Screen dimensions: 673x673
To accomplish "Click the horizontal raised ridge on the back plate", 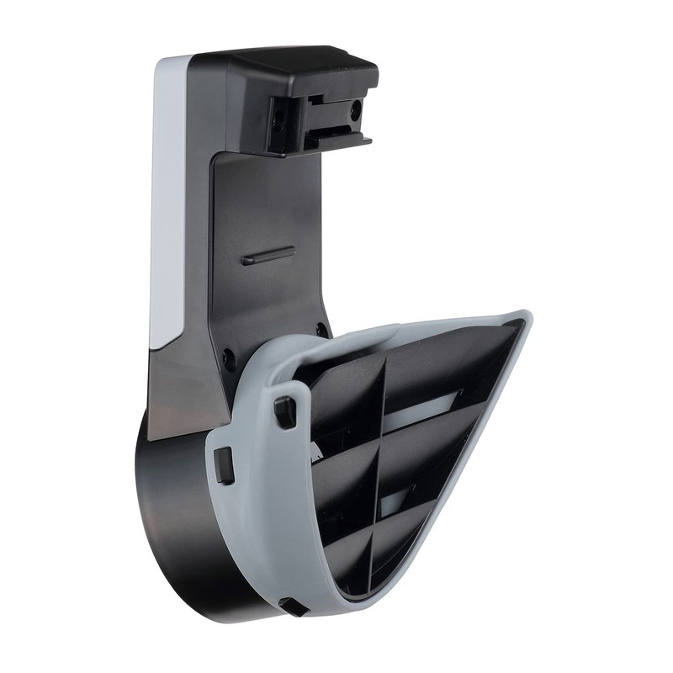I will click(x=268, y=256).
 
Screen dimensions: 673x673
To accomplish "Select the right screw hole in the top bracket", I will click(x=355, y=109).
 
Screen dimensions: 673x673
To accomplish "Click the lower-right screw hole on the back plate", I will click(x=321, y=329).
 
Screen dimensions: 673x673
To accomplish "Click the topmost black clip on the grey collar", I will click(x=285, y=410).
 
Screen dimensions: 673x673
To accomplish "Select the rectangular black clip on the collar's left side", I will click(x=224, y=465).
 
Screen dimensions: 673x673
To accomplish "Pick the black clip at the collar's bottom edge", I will click(x=293, y=606).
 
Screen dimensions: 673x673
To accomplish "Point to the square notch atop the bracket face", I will click(x=315, y=99).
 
